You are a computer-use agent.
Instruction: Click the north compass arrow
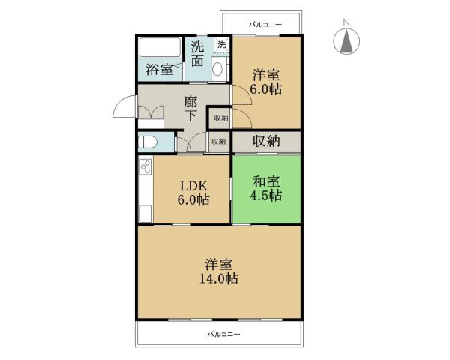click(346, 41)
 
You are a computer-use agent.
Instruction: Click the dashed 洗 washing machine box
click(221, 45)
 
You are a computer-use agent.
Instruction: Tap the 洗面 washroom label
click(196, 54)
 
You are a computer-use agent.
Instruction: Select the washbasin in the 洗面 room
click(217, 70)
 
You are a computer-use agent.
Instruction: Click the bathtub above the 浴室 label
click(159, 49)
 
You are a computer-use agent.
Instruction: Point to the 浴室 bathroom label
click(159, 70)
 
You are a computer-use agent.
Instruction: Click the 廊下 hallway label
click(191, 108)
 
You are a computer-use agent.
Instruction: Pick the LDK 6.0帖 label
click(193, 193)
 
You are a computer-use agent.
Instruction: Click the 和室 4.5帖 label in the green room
click(266, 188)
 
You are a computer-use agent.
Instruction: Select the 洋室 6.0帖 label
click(267, 81)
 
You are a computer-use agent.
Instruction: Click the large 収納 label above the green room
click(266, 140)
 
